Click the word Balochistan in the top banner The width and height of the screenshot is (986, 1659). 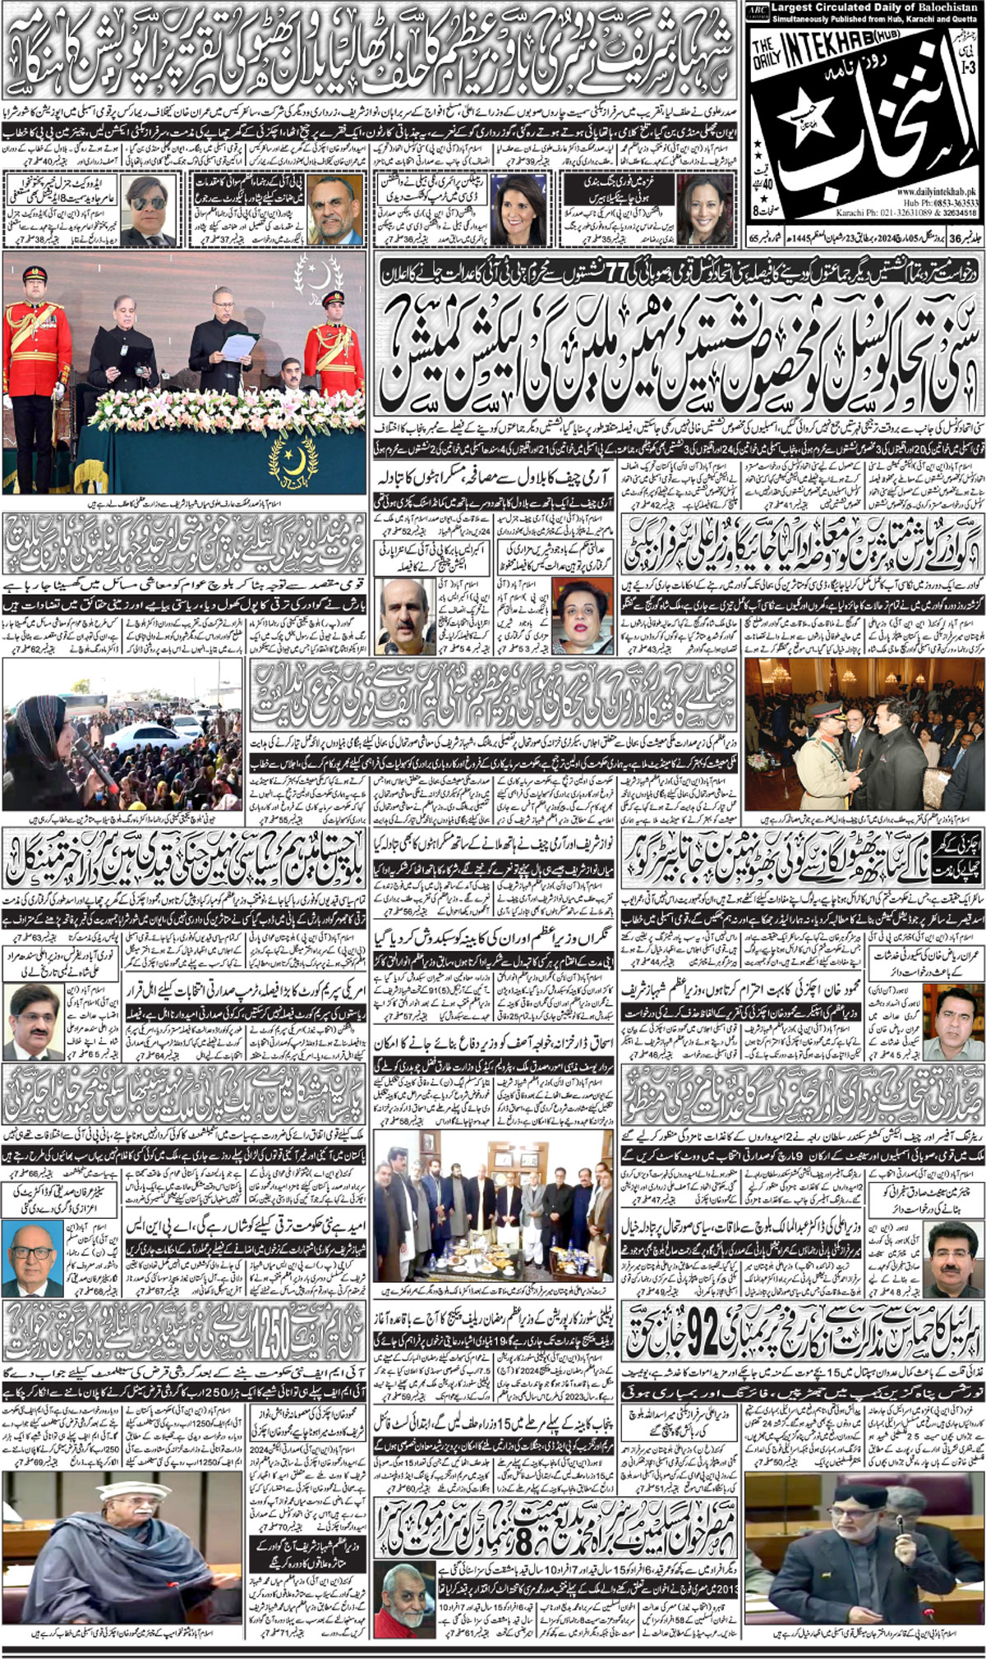pos(947,10)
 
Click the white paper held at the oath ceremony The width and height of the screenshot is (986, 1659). pos(238,346)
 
